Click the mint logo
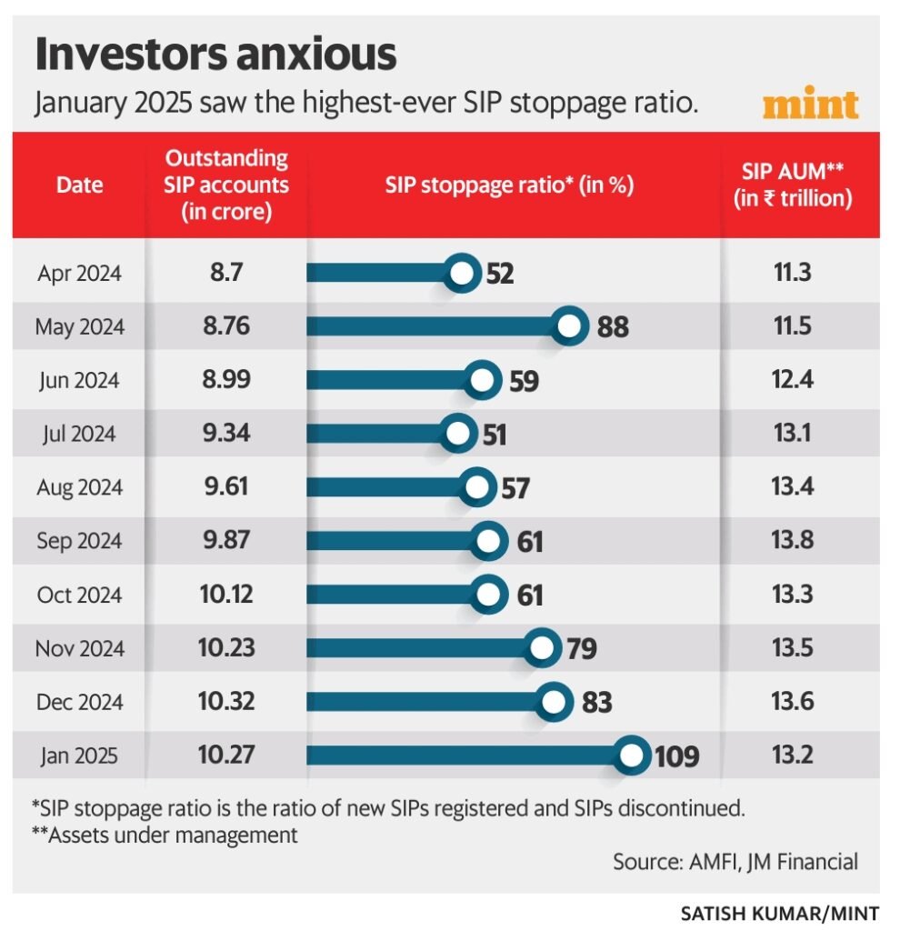tap(810, 104)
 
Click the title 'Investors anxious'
tap(215, 55)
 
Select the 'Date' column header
tap(79, 185)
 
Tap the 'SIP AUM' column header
tap(793, 185)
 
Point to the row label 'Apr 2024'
tap(79, 273)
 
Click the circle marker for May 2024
tap(570, 326)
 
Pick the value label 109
tap(676, 756)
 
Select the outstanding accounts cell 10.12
tap(226, 595)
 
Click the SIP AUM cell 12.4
tap(793, 380)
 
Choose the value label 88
tap(612, 327)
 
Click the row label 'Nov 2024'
tap(79, 649)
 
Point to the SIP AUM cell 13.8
tap(793, 541)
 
